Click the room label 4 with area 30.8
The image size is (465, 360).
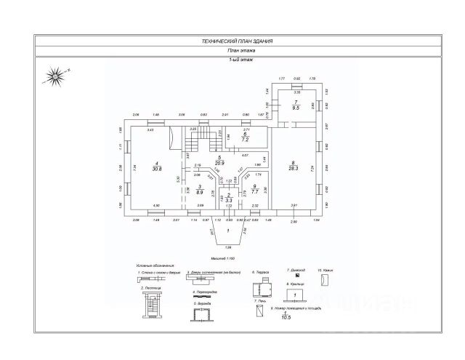point(156,167)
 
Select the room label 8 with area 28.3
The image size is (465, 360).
point(293,167)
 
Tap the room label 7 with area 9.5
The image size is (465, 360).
point(296,105)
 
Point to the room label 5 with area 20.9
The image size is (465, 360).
point(219,161)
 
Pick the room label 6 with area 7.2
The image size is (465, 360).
point(246,137)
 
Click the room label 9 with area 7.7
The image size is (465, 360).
point(254,189)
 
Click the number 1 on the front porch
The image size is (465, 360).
point(228,231)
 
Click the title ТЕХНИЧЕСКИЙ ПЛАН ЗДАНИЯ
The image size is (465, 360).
point(232,42)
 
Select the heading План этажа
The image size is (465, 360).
point(232,51)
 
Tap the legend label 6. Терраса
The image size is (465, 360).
point(262,271)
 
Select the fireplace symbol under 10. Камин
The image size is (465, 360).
point(325,279)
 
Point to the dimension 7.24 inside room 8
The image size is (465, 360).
point(311,168)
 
